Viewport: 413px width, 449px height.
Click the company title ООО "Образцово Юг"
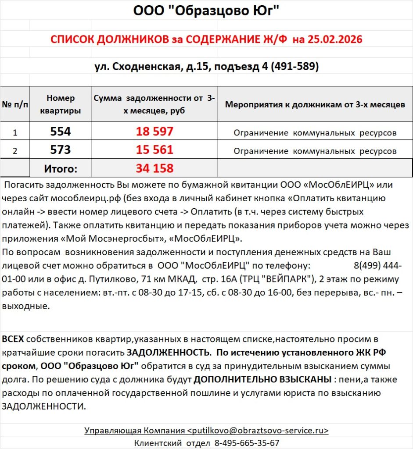[x=206, y=10]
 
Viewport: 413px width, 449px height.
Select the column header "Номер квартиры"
[x=61, y=104]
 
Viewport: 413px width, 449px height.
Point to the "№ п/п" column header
[x=15, y=105]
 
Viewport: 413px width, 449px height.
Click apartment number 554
[x=61, y=132]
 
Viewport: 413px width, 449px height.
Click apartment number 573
[x=61, y=150]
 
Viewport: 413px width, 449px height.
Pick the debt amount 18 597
[x=154, y=132]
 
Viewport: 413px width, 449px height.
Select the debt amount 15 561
[x=154, y=150]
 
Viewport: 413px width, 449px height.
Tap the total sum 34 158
[x=154, y=168]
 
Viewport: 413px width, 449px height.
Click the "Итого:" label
[x=61, y=168]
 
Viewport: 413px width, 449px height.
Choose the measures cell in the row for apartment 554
[x=315, y=132]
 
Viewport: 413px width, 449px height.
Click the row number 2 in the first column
[x=15, y=151]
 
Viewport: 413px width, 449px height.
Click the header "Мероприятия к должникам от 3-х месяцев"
[x=315, y=105]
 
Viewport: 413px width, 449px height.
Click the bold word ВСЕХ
[x=13, y=339]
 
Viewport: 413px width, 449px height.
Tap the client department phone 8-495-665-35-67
[x=247, y=443]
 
